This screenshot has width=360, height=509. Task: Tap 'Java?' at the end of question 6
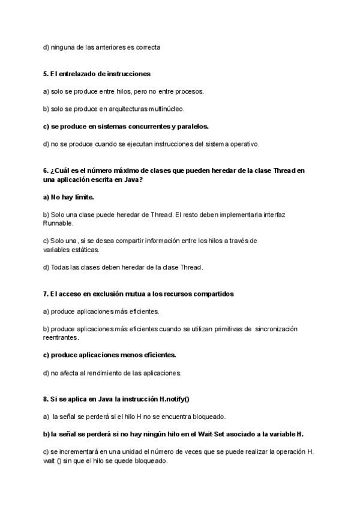click(134, 179)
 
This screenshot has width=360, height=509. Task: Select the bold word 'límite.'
click(82, 197)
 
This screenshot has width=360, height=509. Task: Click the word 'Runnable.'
click(58, 223)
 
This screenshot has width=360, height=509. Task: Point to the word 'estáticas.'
click(85, 249)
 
